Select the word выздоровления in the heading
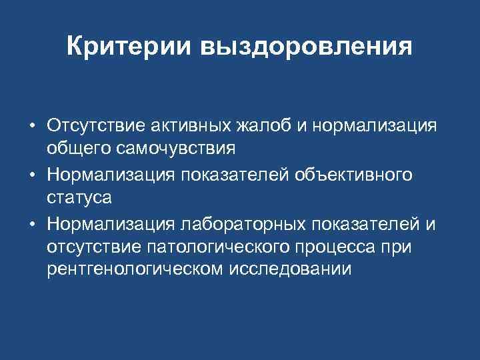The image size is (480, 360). pyautogui.click(x=305, y=47)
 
